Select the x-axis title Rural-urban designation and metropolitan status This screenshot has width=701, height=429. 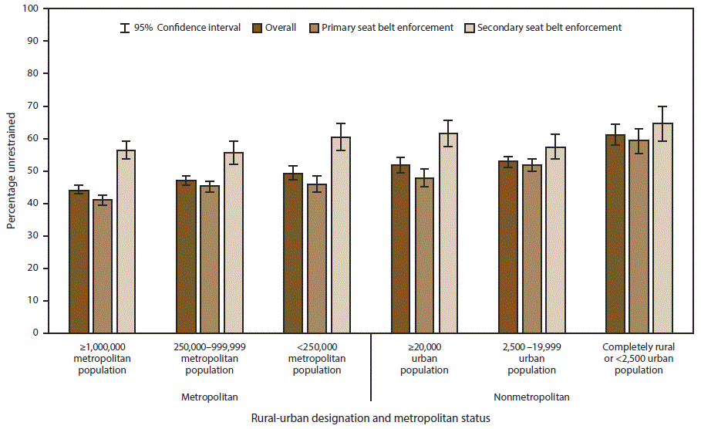pos(370,417)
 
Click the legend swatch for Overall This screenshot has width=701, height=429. pos(258,28)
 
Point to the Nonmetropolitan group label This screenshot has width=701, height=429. pos(532,397)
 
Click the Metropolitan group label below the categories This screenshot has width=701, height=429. pos(210,397)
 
